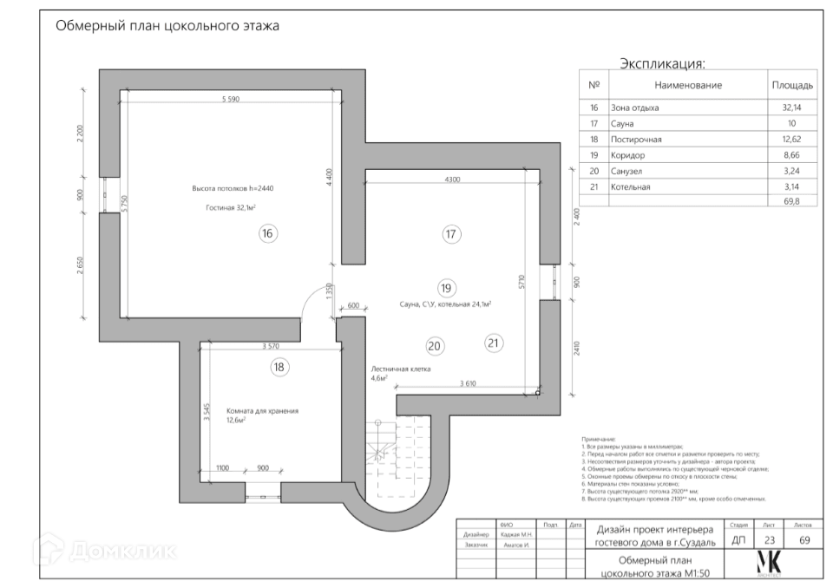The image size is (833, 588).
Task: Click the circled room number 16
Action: [x=268, y=232]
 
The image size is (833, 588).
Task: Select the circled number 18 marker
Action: [x=279, y=367]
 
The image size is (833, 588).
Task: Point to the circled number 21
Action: [x=493, y=343]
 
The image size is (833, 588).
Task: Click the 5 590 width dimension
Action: [x=230, y=99]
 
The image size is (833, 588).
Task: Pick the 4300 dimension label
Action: [x=451, y=179]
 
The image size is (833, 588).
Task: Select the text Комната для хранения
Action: [x=262, y=410]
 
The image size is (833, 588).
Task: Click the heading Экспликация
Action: [x=662, y=64]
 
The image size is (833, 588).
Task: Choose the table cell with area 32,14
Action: [x=791, y=108]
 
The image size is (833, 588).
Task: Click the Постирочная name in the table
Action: [x=637, y=139]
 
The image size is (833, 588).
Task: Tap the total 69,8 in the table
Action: [x=792, y=200]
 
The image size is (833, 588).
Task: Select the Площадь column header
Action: [x=791, y=85]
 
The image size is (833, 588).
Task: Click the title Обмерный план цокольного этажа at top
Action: [x=167, y=26]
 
